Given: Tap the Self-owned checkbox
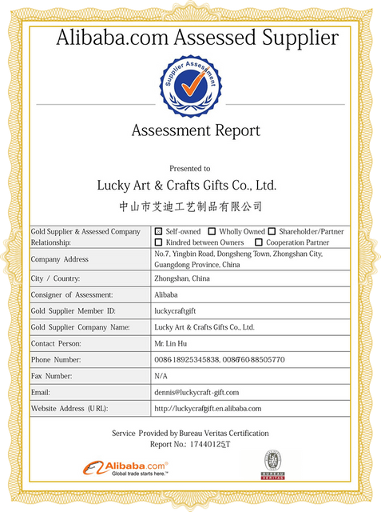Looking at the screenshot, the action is click(158, 231).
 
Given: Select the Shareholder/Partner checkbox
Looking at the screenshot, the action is click(272, 231).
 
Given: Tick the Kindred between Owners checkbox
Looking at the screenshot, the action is click(158, 242).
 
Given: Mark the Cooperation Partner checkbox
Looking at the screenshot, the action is click(258, 242).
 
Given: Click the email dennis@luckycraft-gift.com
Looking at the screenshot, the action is click(196, 392).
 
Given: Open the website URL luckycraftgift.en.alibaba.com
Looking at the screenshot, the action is click(208, 408).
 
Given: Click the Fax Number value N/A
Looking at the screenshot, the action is click(161, 375).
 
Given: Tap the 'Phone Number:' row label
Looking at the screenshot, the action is click(56, 359).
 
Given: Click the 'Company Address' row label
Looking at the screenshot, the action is click(60, 259).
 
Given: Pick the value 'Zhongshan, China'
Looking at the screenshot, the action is click(182, 278).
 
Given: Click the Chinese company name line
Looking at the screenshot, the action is click(190, 206).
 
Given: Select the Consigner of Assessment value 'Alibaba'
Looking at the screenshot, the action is click(166, 294).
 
